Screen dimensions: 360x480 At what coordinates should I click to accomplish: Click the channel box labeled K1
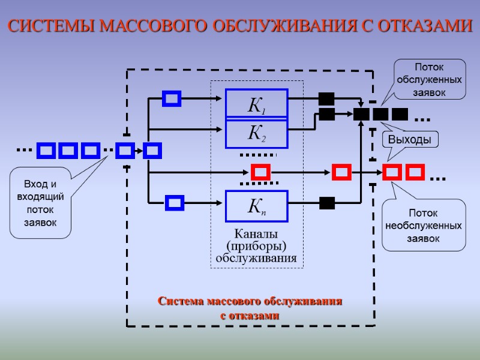coord(257,104)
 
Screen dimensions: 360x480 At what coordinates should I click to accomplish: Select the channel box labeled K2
coord(257,134)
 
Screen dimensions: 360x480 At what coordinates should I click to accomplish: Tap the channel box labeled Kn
coord(257,206)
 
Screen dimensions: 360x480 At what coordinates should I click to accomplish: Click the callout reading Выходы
coord(410,140)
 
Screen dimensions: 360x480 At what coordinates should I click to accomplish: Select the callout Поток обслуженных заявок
coord(430,79)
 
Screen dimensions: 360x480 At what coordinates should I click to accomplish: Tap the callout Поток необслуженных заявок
coord(424,226)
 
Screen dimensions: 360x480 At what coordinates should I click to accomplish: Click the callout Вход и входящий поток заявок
coord(40,203)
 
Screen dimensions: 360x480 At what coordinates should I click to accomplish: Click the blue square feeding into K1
coord(172,98)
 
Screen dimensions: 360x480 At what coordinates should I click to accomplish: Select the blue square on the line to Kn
coord(175,203)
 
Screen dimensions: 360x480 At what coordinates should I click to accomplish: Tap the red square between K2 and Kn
coord(260,173)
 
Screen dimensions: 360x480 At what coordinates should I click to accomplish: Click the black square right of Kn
coord(326,203)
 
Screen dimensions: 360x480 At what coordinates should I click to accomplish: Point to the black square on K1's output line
coord(326,98)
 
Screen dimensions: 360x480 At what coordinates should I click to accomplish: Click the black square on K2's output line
coord(326,113)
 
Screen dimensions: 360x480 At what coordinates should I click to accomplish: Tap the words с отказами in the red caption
coord(250,314)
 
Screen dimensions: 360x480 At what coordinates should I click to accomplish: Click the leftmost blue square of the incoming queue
coord(46,150)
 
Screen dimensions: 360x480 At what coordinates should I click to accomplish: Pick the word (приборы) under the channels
coord(256,246)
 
